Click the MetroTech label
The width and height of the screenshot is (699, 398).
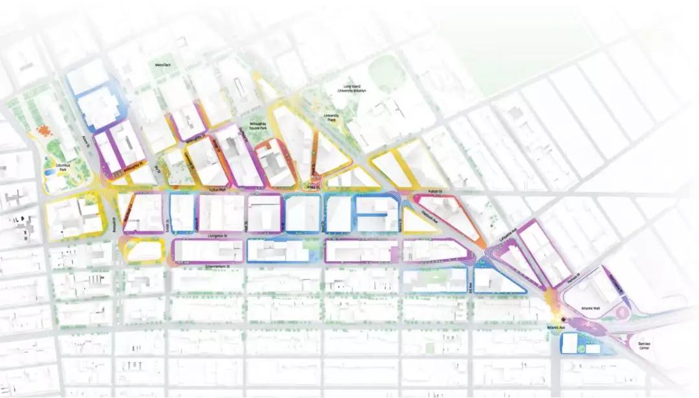point(162,65)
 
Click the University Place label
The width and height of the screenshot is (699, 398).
point(331,117)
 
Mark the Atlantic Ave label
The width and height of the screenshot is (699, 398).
point(556,329)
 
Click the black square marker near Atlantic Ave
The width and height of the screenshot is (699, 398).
point(564,320)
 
